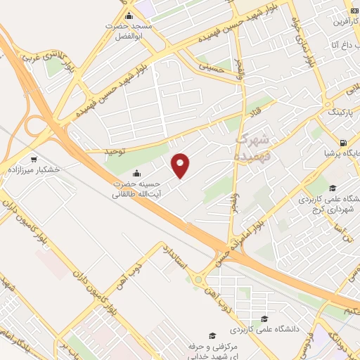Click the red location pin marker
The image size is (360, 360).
pyautogui.click(x=181, y=166)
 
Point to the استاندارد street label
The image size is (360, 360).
pyautogui.click(x=176, y=257)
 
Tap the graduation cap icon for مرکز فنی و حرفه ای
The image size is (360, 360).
pyautogui.click(x=212, y=336)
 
